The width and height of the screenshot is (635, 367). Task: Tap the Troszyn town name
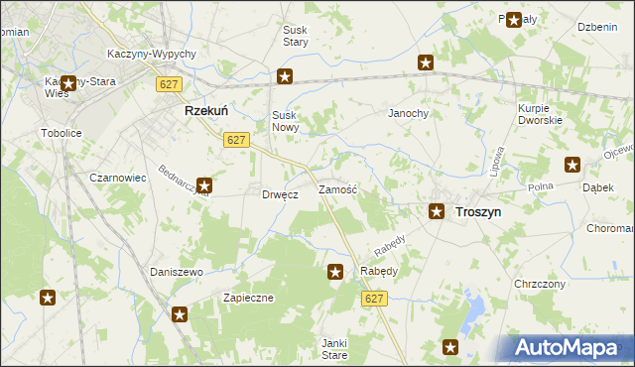(x=477, y=211)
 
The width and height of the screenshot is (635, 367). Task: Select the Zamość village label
(x=337, y=188)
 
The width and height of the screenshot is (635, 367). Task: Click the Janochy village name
(x=408, y=114)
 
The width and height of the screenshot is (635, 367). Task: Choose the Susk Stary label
(x=296, y=37)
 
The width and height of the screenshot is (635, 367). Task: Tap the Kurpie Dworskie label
(x=540, y=114)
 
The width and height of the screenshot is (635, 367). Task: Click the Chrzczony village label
(x=540, y=284)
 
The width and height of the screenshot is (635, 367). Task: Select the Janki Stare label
(x=333, y=348)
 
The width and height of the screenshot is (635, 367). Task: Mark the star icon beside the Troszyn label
(x=436, y=210)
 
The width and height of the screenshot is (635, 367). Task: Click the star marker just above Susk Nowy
(x=285, y=76)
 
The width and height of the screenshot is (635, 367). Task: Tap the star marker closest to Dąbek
(x=572, y=165)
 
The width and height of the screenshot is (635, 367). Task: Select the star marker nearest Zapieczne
(x=180, y=315)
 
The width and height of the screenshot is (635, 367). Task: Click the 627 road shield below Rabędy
(x=373, y=299)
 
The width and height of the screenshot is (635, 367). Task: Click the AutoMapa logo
(x=568, y=347)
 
